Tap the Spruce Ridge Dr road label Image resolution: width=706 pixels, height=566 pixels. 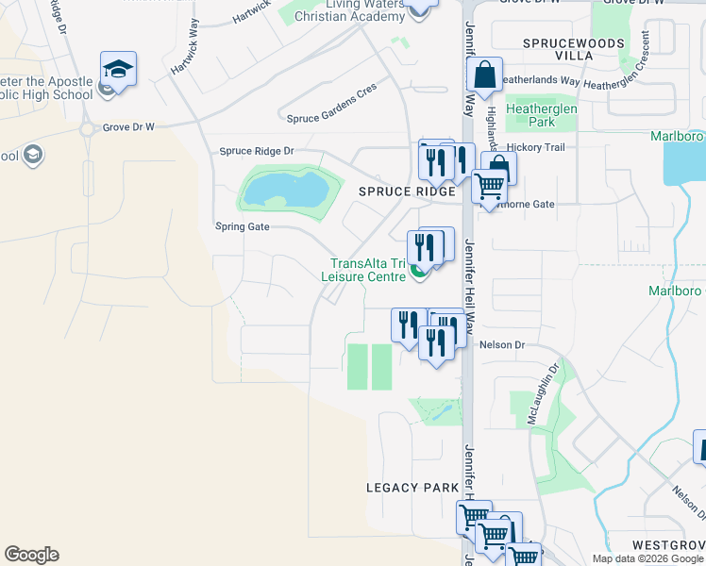(257, 151)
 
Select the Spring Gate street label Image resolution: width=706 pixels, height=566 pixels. (243, 226)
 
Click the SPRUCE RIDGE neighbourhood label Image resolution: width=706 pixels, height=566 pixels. (395, 191)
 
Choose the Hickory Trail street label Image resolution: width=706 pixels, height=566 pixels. (536, 148)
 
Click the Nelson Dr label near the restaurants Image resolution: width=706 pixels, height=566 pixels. (501, 345)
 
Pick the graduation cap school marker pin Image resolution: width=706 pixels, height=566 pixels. (119, 69)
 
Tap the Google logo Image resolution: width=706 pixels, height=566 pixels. (31, 555)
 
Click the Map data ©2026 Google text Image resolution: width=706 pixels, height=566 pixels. (647, 558)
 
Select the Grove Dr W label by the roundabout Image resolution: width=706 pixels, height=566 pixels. (128, 126)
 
